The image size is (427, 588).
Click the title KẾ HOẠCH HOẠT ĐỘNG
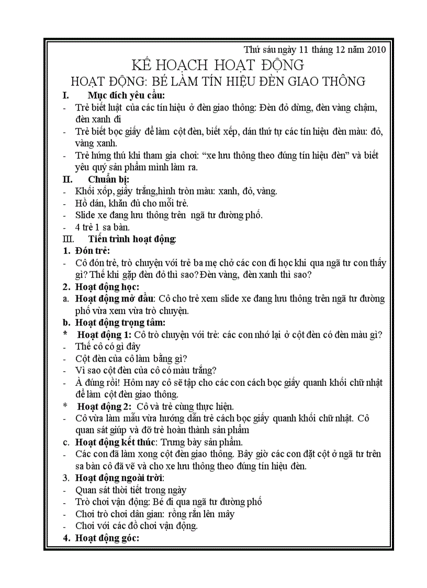[x=217, y=65]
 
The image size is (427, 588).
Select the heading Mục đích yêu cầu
[x=126, y=95]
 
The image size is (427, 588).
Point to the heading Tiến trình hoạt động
[x=132, y=239]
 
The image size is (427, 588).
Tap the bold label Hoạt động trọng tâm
[x=120, y=323]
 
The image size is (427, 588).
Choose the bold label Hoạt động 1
[x=104, y=335]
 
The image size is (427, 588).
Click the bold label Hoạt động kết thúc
[x=116, y=442]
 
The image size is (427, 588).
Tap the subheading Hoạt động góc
[x=107, y=538]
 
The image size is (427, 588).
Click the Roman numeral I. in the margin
[x=66, y=95]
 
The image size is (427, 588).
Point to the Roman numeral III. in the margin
[x=69, y=239]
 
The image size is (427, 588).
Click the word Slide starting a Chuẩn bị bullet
[x=85, y=215]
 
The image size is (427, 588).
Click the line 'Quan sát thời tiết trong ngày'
[x=131, y=490]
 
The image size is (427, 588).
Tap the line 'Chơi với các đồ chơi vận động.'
[x=137, y=526]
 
